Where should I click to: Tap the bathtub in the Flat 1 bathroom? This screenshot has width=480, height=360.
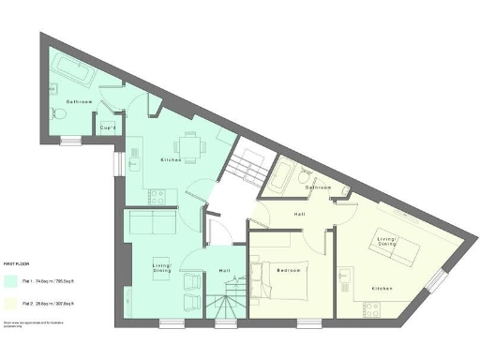71,69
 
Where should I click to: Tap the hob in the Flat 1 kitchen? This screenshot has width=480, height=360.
157,195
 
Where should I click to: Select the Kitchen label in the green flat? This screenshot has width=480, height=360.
169,160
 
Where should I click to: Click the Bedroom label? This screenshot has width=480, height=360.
289,270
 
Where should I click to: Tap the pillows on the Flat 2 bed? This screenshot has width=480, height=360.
258,270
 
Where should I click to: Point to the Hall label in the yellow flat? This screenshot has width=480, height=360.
299,215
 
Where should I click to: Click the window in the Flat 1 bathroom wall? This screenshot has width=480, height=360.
69,142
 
